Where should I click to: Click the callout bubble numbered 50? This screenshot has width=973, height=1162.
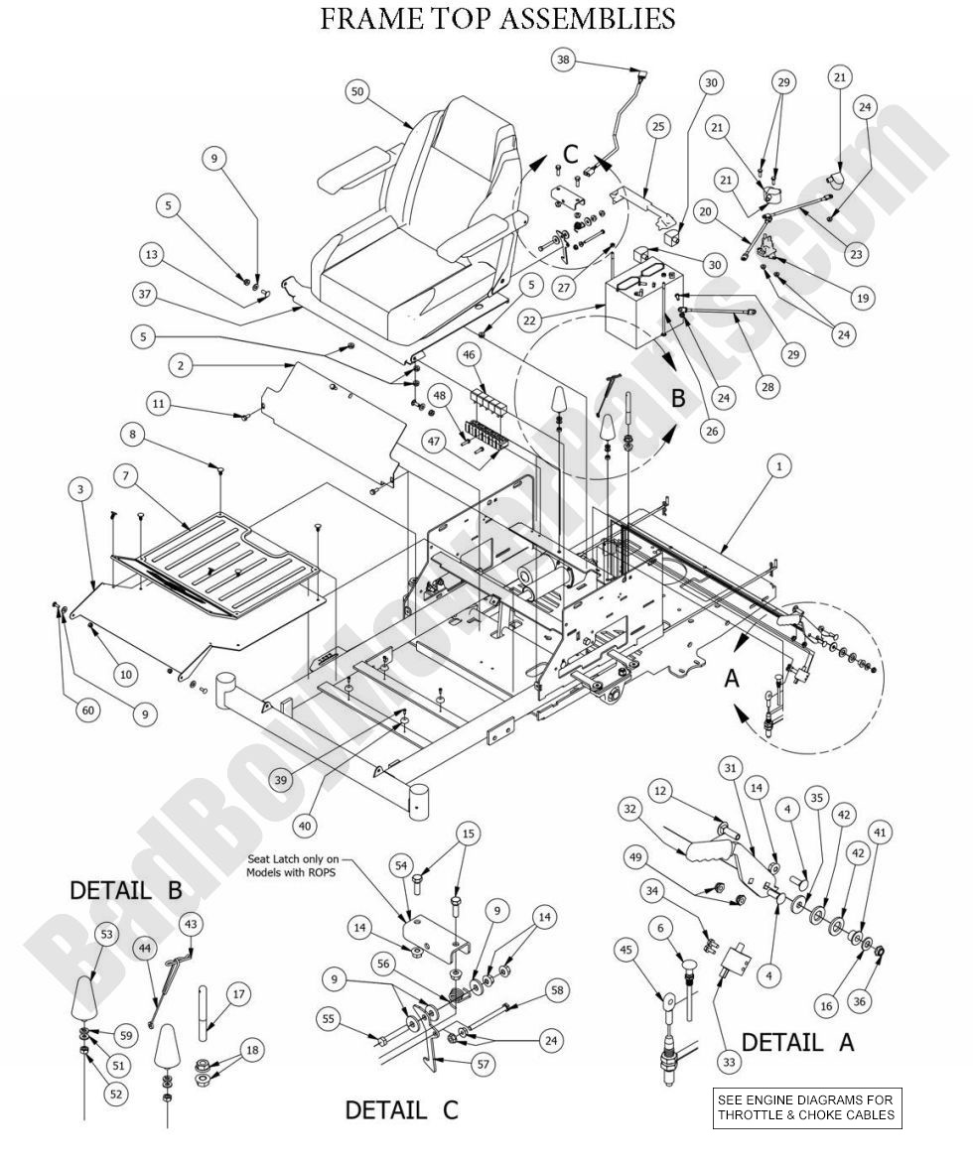[359, 90]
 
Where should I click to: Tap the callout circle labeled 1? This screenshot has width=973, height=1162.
[779, 465]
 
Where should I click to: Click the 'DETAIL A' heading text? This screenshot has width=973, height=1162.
[797, 1042]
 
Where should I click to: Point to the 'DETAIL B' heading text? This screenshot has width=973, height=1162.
[125, 890]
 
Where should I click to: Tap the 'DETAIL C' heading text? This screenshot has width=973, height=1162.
[401, 1109]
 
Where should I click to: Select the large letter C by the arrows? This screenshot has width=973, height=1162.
[570, 153]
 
